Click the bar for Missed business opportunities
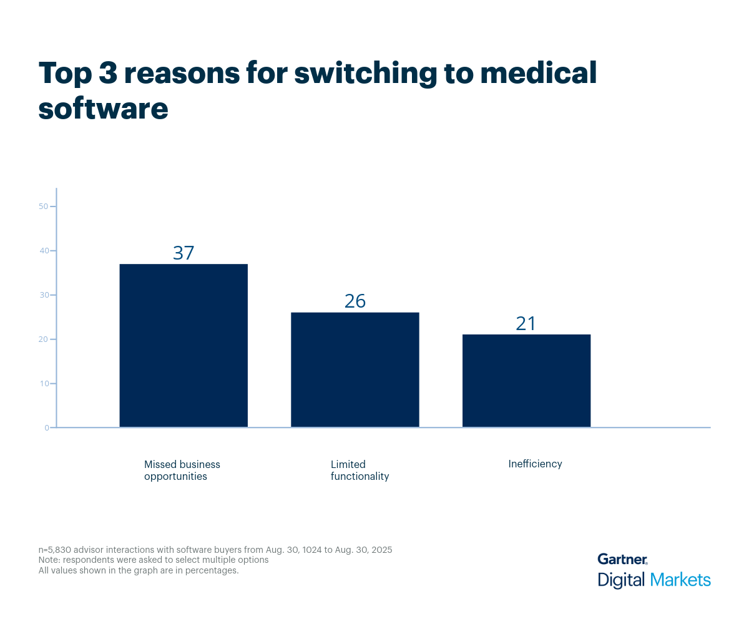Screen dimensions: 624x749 point(184,346)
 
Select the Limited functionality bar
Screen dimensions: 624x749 point(355,369)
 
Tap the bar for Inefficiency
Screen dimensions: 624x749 point(526,381)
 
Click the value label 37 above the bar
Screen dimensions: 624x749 point(184,253)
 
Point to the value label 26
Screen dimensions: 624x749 point(355,301)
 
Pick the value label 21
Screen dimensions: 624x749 point(526,323)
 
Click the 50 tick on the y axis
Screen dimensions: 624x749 point(44,207)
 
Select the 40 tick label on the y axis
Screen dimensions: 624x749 point(44,251)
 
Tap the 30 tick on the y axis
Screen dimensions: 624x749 point(44,295)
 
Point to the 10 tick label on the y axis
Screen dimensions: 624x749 point(44,384)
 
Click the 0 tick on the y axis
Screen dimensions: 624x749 point(46,428)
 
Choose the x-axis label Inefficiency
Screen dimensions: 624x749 point(535,464)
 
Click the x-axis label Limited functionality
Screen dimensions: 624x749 point(360,470)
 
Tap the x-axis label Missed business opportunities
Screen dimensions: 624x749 point(182,470)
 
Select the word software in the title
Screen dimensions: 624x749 point(103,109)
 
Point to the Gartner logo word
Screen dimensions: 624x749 point(622,559)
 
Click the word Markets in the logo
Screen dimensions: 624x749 point(680,580)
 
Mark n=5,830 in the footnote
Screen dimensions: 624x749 point(57,550)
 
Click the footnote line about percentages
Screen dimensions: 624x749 point(139,570)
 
